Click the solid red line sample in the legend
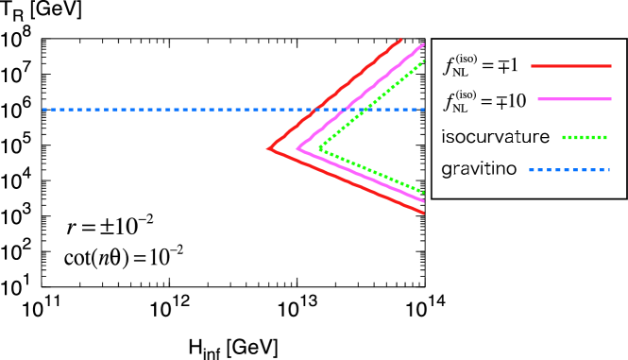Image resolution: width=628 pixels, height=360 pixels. click(x=570, y=66)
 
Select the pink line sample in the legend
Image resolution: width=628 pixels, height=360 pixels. click(x=574, y=99)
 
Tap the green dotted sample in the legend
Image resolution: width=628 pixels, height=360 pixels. click(x=585, y=137)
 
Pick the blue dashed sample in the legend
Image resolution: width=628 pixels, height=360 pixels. click(x=569, y=170)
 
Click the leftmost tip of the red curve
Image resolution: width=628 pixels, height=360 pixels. click(x=269, y=148)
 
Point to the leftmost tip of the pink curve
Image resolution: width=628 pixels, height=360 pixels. click(x=297, y=148)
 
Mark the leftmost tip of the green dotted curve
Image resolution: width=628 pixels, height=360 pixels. click(x=320, y=147)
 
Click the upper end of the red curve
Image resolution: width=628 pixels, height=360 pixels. click(x=401, y=40)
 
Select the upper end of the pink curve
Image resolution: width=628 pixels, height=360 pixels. click(x=424, y=44)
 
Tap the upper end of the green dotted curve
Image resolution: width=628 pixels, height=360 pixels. click(x=424, y=61)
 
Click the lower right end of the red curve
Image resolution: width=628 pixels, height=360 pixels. click(x=423, y=213)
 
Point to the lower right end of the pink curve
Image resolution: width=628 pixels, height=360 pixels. click(x=423, y=200)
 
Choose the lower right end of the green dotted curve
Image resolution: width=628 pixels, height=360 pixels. click(x=423, y=192)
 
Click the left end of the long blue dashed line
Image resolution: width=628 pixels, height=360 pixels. click(x=43, y=110)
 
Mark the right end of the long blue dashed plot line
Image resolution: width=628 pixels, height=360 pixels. click(x=423, y=110)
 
